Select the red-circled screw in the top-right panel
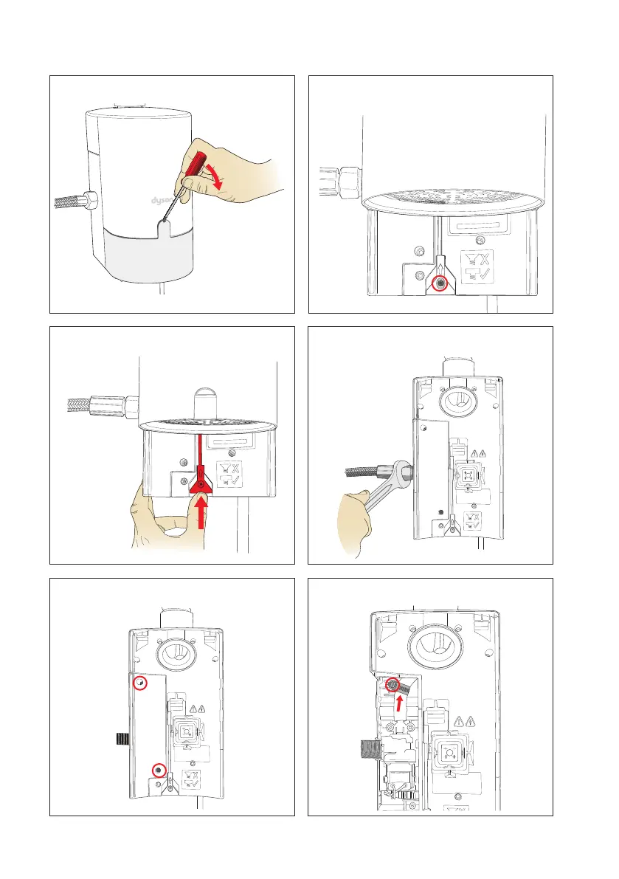click(441, 284)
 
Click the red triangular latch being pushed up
click(201, 483)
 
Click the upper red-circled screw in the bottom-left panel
click(140, 683)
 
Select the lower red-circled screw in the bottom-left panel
click(159, 771)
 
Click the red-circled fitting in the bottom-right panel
click(393, 684)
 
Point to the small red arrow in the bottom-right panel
click(399, 703)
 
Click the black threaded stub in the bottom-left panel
click(122, 738)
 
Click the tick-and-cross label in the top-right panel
click(477, 267)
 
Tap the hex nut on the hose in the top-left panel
click(89, 199)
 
